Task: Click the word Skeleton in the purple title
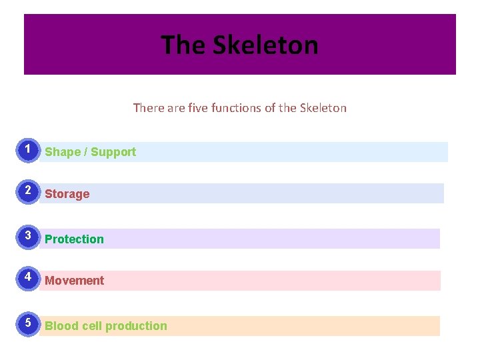pos(265,45)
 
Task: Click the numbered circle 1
pos(27,151)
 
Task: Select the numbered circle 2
pos(27,193)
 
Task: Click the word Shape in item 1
pos(62,152)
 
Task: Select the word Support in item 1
pos(113,152)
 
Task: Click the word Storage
pos(67,194)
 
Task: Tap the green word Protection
pos(74,239)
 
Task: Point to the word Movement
pos(74,281)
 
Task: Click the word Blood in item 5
pos(61,326)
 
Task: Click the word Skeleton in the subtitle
pos(323,107)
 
